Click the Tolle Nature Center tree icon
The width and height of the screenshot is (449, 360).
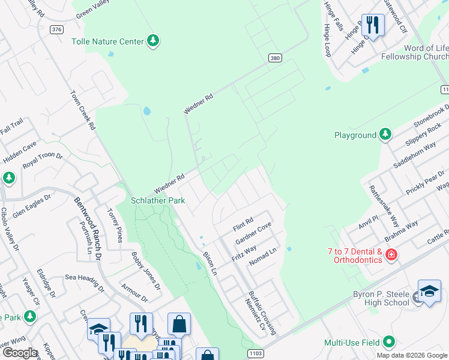click(154, 41)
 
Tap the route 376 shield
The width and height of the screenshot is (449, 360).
click(56, 29)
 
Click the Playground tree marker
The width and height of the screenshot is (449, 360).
click(385, 135)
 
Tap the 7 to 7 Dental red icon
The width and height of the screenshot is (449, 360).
click(391, 255)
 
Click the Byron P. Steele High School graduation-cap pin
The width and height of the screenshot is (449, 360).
click(429, 292)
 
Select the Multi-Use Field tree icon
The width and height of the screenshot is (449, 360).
click(388, 342)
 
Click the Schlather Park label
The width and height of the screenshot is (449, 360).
click(158, 200)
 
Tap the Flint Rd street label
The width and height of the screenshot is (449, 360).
click(243, 224)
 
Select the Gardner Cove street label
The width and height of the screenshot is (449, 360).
click(253, 233)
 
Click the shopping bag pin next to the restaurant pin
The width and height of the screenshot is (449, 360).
click(179, 325)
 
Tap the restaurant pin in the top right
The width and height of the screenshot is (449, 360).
click(373, 25)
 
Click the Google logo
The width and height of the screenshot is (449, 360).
click(19, 352)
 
